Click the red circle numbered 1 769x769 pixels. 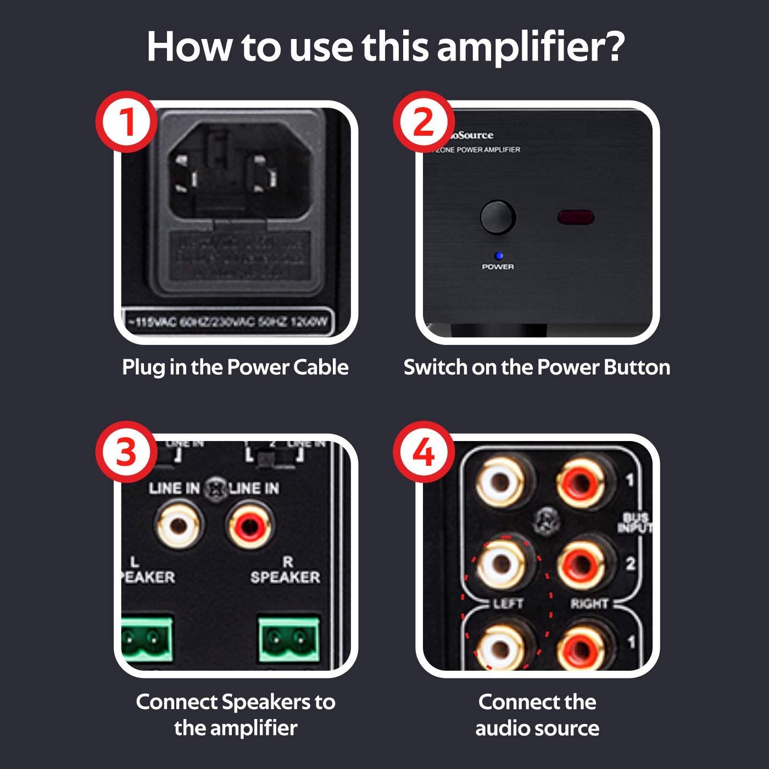tap(126, 122)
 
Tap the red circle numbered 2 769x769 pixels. tap(424, 122)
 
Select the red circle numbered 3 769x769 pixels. tap(126, 454)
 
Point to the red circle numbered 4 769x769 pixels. tap(424, 454)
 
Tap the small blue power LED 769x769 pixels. tap(498, 255)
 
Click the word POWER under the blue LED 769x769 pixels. tap(498, 266)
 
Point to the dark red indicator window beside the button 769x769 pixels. tap(575, 217)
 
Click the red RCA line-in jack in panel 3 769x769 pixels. tap(249, 526)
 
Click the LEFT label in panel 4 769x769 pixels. tap(508, 604)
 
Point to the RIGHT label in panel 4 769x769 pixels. tap(589, 604)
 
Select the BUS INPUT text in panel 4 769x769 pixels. tap(636, 522)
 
